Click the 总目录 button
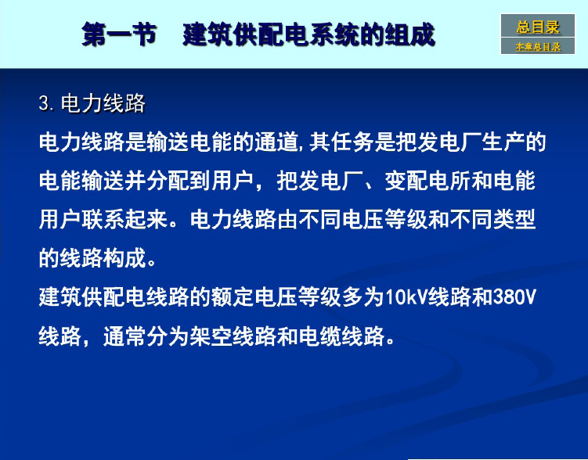pos(538,26)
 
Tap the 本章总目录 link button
pos(538,46)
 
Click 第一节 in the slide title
pos(119,34)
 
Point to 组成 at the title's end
pos(409,34)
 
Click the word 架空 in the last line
pos(211,336)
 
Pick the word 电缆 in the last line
pos(319,336)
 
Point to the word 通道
pos(276,142)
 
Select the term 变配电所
pos(427,181)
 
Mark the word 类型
pos(514,220)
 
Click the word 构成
pos(124,258)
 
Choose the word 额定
pos(233,297)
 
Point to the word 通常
pos(124,336)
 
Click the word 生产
pos(503,142)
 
